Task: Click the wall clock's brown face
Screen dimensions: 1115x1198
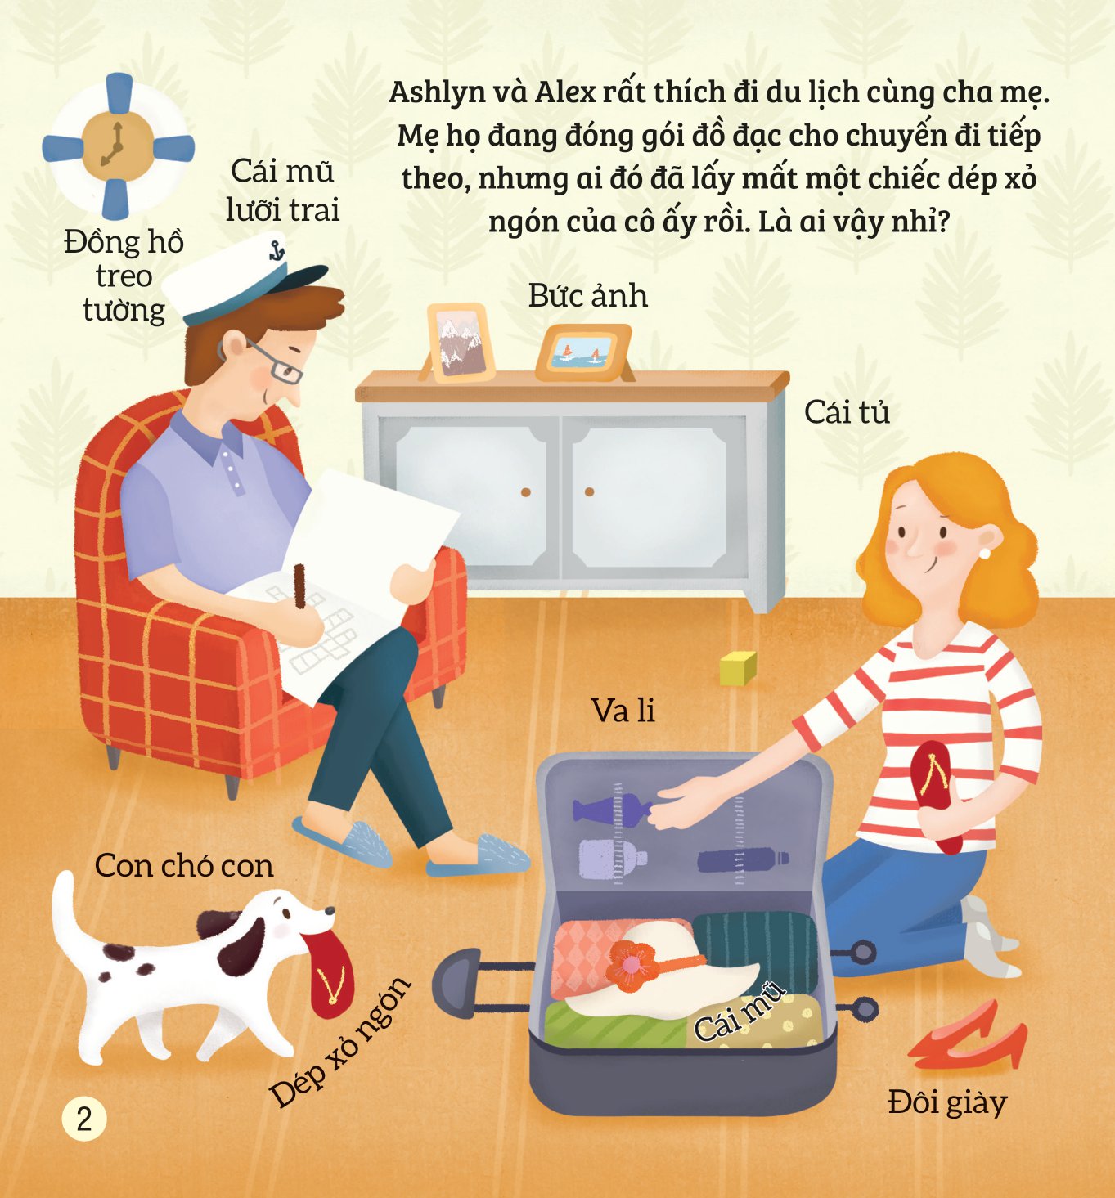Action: click(x=118, y=146)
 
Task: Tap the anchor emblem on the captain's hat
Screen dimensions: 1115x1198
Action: click(x=276, y=249)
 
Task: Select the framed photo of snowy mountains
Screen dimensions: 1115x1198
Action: click(x=461, y=343)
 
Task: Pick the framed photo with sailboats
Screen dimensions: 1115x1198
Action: click(x=583, y=353)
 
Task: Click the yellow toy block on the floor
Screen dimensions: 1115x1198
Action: click(x=738, y=668)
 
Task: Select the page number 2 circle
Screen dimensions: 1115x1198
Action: click(x=84, y=1119)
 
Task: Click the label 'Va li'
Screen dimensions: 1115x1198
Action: click(x=623, y=710)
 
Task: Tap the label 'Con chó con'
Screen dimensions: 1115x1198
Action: click(x=184, y=866)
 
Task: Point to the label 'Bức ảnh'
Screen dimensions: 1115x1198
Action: click(x=588, y=295)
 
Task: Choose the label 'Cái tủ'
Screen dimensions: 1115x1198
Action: click(x=847, y=413)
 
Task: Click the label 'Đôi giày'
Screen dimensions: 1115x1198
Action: click(x=948, y=1102)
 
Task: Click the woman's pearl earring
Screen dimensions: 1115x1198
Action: click(x=985, y=553)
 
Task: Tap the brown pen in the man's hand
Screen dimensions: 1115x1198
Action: click(x=300, y=586)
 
